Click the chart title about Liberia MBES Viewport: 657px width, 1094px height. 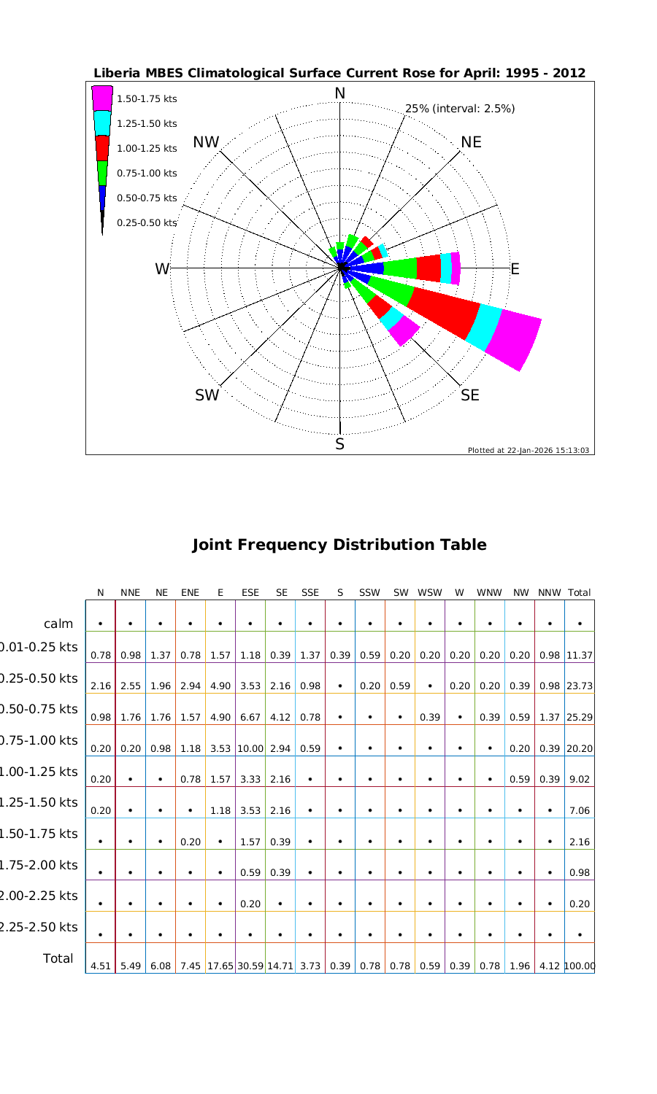(x=339, y=74)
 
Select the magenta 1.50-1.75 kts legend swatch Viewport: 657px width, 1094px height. (x=102, y=98)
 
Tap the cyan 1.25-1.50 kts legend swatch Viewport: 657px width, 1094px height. (x=102, y=123)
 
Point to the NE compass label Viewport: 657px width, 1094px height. (x=471, y=142)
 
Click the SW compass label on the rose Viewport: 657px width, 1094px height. (x=207, y=395)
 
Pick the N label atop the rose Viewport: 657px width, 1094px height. (x=339, y=93)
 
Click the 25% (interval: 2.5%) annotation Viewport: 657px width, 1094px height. (x=460, y=109)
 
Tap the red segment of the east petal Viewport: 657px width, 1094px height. (x=429, y=268)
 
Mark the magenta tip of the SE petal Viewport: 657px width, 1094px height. (x=404, y=331)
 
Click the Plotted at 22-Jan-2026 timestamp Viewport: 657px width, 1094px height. (x=529, y=450)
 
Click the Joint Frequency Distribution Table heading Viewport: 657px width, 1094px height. (x=339, y=545)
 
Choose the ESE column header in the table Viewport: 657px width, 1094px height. (x=250, y=593)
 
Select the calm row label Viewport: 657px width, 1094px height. (x=58, y=624)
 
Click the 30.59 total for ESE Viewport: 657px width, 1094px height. (x=250, y=966)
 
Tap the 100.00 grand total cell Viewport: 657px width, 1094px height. (x=580, y=966)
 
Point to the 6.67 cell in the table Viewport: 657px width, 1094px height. (x=250, y=717)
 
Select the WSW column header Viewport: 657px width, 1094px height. (x=430, y=593)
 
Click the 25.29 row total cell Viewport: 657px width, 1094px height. (x=580, y=717)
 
